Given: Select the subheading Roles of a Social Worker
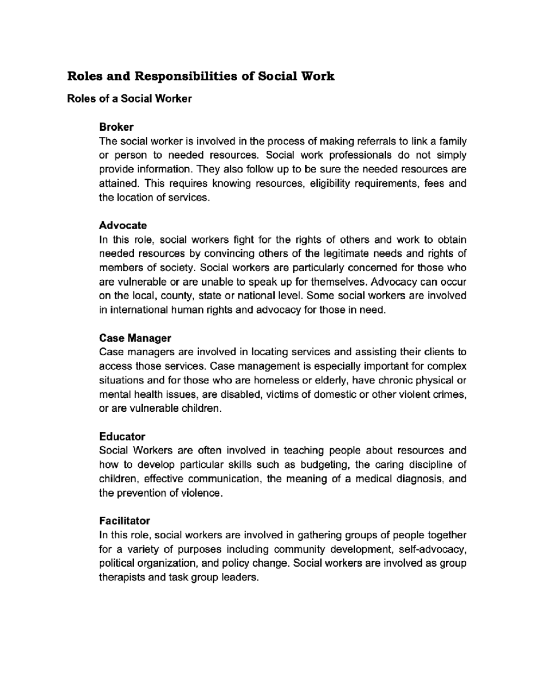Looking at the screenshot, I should tap(129, 99).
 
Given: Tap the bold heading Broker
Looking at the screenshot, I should tap(116, 127).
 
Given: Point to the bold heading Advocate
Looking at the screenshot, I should tap(123, 225).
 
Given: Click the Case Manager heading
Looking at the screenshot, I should tap(135, 337).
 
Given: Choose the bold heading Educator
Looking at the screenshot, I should tap(122, 436).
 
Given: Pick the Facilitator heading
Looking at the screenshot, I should tap(124, 521).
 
